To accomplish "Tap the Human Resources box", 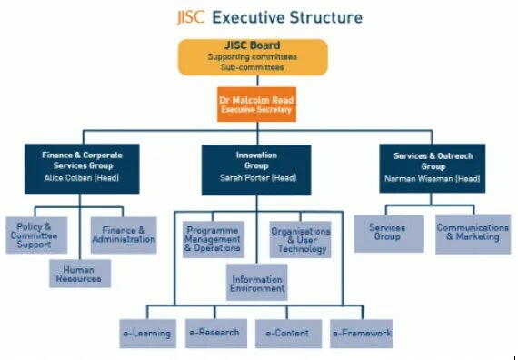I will pyautogui.click(x=81, y=274).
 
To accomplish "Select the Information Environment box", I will pyautogui.click(x=257, y=284).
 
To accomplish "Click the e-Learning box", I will pyautogui.click(x=146, y=333).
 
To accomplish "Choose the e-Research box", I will pyautogui.click(x=214, y=333).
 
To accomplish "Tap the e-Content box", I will pyautogui.click(x=286, y=333).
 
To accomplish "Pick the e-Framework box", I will pyautogui.click(x=361, y=333).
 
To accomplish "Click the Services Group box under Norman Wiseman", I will pyautogui.click(x=388, y=233).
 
